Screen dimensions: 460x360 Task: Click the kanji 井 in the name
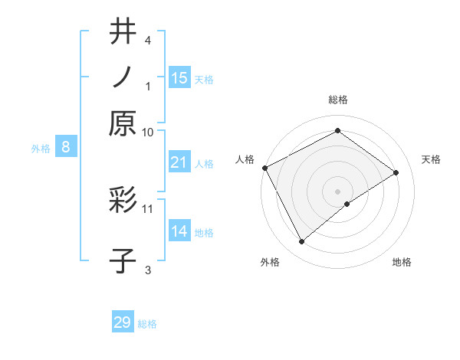(123, 31)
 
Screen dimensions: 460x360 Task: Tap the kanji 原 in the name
(123, 123)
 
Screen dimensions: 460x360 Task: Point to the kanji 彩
(123, 199)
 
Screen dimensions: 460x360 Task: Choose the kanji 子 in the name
(123, 260)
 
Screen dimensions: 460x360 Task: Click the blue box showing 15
(180, 77)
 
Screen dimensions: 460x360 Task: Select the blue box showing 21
(180, 162)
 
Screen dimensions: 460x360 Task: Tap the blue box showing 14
(180, 230)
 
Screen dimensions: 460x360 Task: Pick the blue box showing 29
(123, 321)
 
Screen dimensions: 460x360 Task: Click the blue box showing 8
(66, 146)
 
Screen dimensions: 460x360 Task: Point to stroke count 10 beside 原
(147, 133)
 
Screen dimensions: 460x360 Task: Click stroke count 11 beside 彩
(147, 209)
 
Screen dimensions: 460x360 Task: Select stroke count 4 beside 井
(148, 40)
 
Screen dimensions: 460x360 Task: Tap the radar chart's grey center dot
(337, 191)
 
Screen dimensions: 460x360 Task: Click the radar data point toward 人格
(265, 168)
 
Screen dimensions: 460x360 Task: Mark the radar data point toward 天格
(396, 172)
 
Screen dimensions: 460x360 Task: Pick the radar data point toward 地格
(347, 204)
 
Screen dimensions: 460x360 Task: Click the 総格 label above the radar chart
(338, 100)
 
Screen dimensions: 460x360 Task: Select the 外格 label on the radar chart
(270, 262)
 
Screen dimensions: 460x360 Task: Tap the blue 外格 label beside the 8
(41, 149)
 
